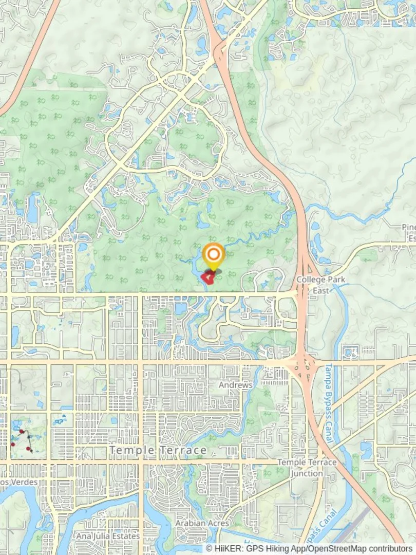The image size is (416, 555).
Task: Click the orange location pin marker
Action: (213, 255)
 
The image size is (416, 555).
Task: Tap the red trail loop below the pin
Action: (208, 278)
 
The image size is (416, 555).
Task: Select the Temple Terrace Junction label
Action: (307, 468)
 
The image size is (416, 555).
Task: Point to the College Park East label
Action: (321, 285)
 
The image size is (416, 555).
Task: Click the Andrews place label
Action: (236, 385)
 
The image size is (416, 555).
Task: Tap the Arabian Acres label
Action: (202, 523)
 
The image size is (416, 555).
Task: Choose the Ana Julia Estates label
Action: (108, 536)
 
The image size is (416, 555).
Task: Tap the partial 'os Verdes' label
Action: (18, 482)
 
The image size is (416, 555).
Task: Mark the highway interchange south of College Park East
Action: (304, 364)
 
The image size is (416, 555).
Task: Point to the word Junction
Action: (307, 473)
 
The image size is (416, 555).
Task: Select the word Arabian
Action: (190, 523)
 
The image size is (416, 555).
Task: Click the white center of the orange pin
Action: (213, 253)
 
